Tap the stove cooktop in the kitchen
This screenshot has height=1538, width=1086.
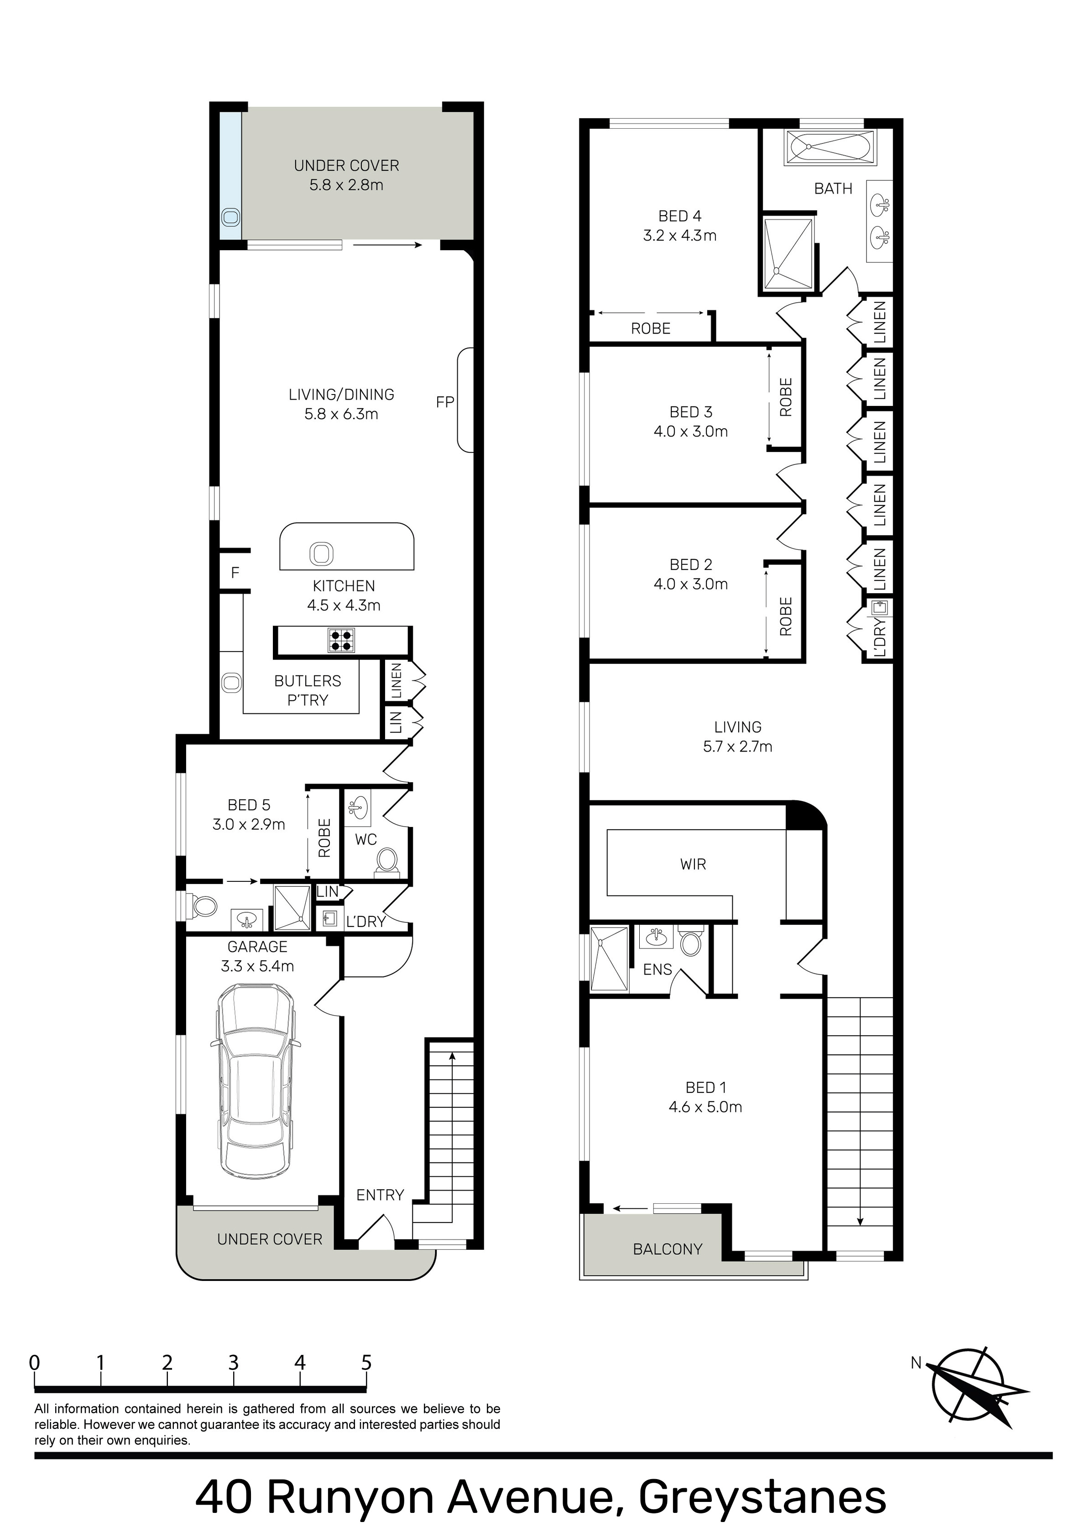(x=341, y=640)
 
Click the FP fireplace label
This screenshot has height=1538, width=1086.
(x=445, y=402)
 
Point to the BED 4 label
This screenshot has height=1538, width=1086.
(x=679, y=216)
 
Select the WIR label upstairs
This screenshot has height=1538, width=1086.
(x=693, y=864)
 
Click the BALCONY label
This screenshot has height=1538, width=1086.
(x=668, y=1249)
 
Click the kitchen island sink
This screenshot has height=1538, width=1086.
(x=321, y=554)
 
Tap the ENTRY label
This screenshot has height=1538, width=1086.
(x=380, y=1195)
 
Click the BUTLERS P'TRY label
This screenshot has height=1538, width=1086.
(x=308, y=690)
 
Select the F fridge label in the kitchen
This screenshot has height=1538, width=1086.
(x=235, y=573)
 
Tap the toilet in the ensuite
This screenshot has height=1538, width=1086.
(x=690, y=941)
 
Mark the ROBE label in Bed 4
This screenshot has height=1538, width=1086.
(x=651, y=328)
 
